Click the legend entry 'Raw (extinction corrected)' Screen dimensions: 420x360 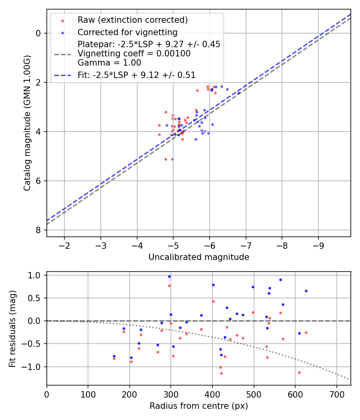(x=132, y=20)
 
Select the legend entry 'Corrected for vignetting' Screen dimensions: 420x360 (x=127, y=32)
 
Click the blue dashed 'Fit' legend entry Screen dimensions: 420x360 (x=136, y=74)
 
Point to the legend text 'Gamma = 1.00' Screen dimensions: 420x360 (x=109, y=62)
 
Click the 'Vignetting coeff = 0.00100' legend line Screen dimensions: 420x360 (x=134, y=53)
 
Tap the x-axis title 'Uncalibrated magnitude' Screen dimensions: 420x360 (x=199, y=257)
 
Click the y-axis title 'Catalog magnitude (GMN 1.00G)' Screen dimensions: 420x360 (x=27, y=123)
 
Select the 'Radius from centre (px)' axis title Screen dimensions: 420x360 (x=199, y=406)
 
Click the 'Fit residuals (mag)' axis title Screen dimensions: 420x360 (x=12, y=328)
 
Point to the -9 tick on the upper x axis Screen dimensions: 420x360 (x=318, y=245)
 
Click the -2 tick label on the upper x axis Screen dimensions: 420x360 (x=64, y=245)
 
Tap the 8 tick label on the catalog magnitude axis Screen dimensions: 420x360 (x=38, y=230)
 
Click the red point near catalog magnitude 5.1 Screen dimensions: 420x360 (x=166, y=159)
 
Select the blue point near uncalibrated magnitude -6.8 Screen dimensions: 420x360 (x=239, y=93)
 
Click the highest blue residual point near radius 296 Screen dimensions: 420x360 (x=169, y=276)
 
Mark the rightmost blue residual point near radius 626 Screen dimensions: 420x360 (x=306, y=291)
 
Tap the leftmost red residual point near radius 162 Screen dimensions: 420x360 (x=114, y=358)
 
